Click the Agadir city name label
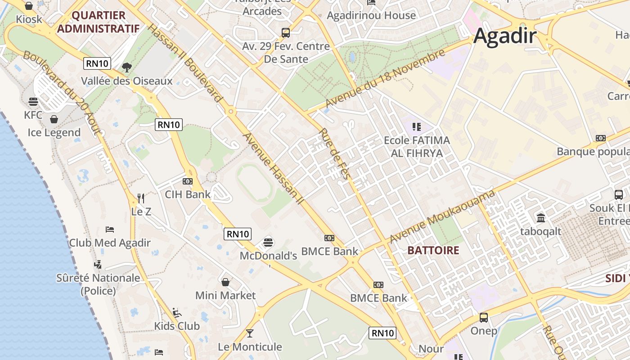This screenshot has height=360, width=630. click(505, 36)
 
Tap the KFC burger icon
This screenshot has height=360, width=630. click(33, 102)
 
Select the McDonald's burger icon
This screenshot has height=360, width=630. click(268, 243)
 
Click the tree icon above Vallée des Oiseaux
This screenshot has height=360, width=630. click(127, 67)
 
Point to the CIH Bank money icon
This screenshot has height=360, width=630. click(188, 181)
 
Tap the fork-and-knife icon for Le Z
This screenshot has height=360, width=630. click(141, 198)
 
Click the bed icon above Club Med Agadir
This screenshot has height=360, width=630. click(110, 229)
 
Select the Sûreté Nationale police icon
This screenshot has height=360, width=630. click(98, 264)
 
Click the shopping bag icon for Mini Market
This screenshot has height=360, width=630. click(225, 282)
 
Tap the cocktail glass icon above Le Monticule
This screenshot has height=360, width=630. click(250, 333)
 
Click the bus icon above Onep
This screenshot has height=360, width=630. click(484, 318)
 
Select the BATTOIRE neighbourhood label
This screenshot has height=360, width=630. click(433, 251)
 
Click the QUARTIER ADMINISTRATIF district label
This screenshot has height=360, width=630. click(99, 22)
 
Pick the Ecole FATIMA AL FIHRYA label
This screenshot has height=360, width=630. click(417, 147)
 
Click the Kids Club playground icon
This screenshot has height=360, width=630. click(177, 312)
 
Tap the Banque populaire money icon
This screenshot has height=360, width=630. click(601, 138)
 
